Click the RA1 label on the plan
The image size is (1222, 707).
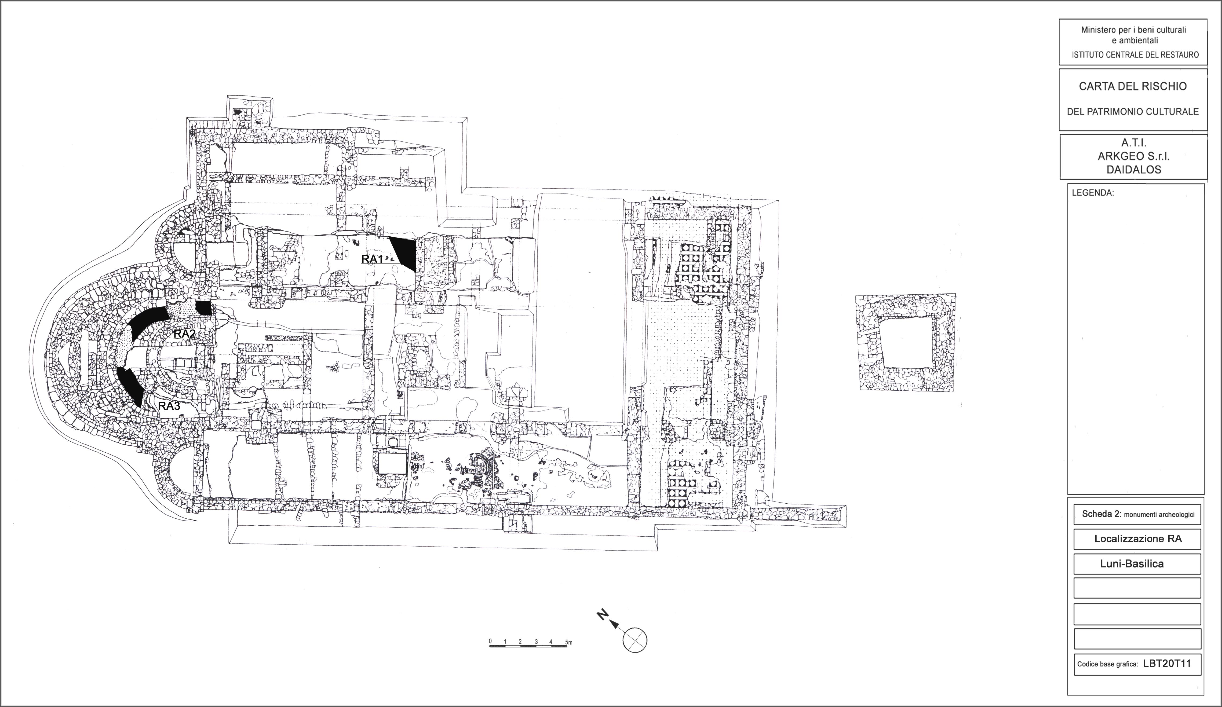tap(373, 259)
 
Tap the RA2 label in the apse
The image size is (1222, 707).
tap(184, 334)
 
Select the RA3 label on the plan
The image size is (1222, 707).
tap(170, 406)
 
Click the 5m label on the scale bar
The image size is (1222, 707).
tap(569, 643)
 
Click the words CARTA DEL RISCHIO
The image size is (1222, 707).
tap(1133, 86)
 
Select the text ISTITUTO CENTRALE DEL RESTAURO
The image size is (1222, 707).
tap(1134, 55)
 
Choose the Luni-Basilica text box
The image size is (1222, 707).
tap(1137, 564)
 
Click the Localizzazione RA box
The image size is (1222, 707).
tap(1137, 539)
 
